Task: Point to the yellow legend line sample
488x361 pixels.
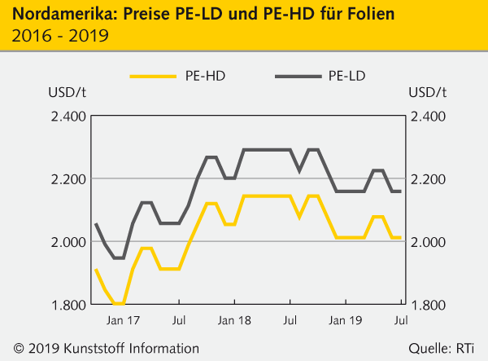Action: (154, 77)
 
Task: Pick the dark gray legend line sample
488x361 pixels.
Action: (298, 77)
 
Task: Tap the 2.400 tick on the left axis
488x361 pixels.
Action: (68, 117)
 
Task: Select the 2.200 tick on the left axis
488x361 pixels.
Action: (68, 179)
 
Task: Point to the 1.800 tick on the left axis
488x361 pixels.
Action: (68, 305)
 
